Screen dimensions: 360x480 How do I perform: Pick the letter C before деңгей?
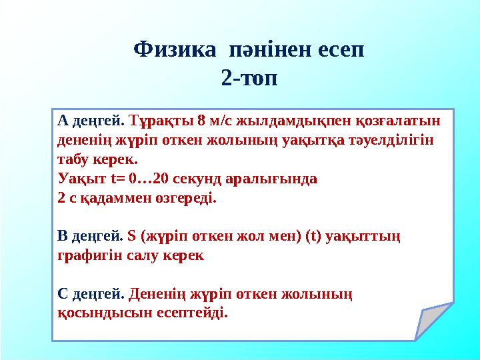tap(63, 293)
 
